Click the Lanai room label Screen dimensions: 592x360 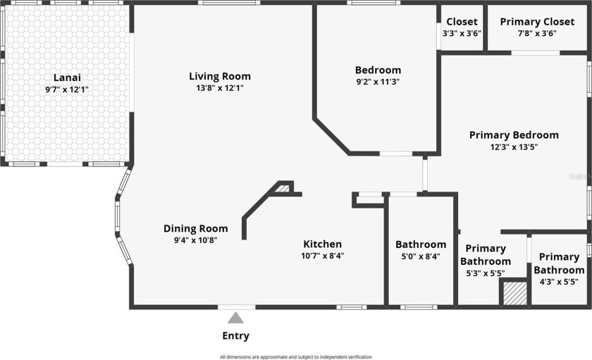coord(67,77)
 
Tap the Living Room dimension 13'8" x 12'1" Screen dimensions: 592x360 coord(220,88)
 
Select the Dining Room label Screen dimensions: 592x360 coord(196,229)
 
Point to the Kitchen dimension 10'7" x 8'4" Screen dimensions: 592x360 coord(323,256)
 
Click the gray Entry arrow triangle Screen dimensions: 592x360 coord(235,318)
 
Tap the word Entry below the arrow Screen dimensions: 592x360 coord(235,336)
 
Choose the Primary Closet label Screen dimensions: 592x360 coord(537,22)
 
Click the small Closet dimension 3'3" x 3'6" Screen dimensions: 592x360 coord(462,33)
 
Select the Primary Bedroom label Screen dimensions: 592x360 coord(514,135)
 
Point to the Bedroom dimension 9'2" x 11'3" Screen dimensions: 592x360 coord(378,82)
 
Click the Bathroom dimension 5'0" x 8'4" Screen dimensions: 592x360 coord(421,256)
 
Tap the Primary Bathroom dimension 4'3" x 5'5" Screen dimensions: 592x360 coord(559,282)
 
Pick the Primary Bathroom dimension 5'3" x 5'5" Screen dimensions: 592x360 coord(486,273)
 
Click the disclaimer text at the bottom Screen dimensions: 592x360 coord(296,357)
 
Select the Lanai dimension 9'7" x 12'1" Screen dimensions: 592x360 coord(67,89)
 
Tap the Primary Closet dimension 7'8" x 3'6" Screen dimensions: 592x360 coord(537,33)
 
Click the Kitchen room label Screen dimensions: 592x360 coord(323,244)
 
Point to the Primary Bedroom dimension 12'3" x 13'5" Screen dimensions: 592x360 coord(514,147)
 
